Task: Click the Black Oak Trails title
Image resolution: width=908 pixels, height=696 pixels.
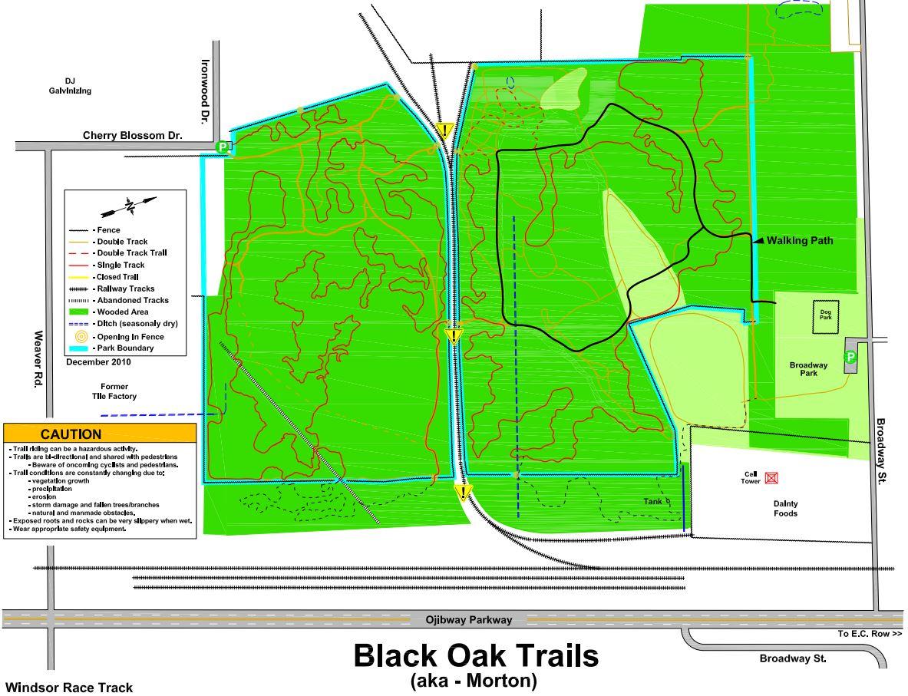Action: [475, 657]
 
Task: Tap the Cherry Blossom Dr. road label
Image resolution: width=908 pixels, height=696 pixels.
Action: [134, 135]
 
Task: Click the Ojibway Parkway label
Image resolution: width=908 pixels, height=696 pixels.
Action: [468, 620]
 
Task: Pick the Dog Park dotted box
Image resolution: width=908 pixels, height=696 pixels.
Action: [826, 317]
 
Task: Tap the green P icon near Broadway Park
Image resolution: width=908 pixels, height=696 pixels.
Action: [850, 357]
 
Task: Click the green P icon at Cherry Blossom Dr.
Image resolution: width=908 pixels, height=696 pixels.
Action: [223, 147]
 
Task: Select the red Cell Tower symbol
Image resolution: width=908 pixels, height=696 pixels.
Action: [771, 478]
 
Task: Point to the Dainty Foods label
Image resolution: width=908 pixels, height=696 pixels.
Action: [784, 508]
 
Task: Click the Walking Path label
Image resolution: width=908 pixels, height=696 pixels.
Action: [799, 240]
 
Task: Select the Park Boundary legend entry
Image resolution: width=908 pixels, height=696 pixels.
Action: [123, 348]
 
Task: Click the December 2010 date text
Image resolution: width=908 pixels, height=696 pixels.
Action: [98, 361]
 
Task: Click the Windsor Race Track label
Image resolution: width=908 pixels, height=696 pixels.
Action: [69, 688]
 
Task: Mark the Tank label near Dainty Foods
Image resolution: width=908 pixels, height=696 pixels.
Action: [652, 501]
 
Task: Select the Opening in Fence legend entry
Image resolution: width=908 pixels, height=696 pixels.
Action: [126, 336]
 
